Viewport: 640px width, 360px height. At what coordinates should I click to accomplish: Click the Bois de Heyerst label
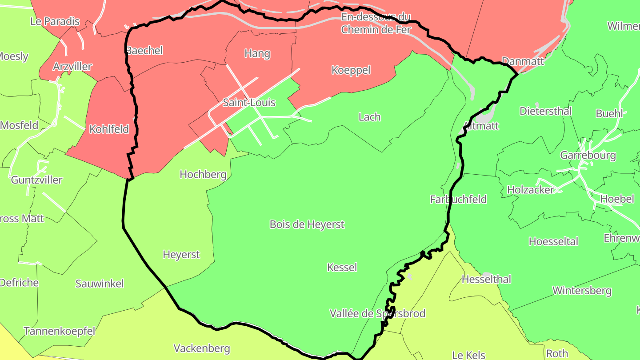point(307,224)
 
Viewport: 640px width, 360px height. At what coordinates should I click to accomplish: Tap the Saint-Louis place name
point(249,103)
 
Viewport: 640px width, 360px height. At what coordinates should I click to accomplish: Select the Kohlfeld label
point(109,129)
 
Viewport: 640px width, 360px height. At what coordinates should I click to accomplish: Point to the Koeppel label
point(351,70)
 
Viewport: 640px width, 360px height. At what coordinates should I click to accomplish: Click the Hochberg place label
point(203,174)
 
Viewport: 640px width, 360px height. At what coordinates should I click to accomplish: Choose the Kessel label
point(342,267)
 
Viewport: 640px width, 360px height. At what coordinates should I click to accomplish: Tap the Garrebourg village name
point(588,155)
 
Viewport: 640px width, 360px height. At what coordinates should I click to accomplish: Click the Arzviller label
point(72,67)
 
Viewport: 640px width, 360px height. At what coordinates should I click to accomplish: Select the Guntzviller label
point(36,180)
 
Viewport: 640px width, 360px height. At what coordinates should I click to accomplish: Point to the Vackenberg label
point(202,348)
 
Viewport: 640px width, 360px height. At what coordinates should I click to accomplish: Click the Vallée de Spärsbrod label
point(377,313)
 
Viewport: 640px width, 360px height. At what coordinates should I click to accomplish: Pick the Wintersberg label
point(582,291)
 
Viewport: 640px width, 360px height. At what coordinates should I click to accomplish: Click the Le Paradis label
point(55,21)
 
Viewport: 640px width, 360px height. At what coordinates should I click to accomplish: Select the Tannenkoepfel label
point(60,331)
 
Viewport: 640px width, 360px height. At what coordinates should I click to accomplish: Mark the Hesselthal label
point(486,279)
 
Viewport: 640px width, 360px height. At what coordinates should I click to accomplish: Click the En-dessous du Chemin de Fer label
point(376,24)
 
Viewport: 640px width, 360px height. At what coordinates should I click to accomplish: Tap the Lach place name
point(369,117)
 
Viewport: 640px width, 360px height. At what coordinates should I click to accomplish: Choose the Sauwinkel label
point(100,284)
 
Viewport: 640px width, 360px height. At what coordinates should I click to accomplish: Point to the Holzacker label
point(531,190)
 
